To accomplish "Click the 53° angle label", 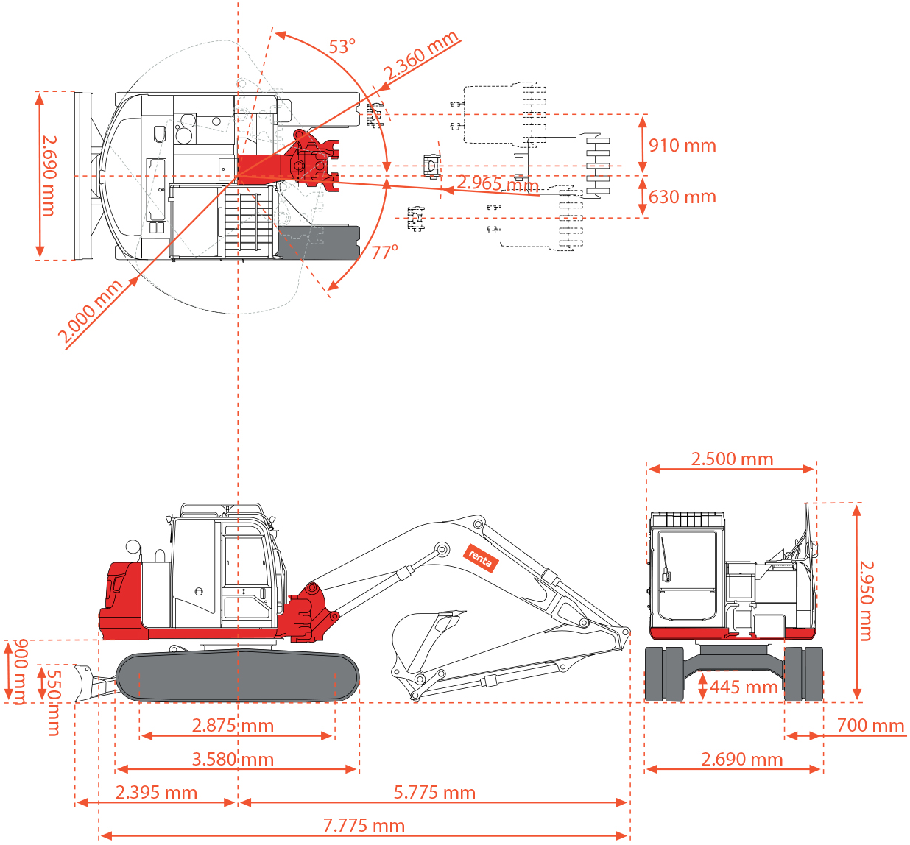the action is tap(342, 47).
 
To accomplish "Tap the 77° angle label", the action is tap(384, 252).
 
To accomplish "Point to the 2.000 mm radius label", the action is tap(91, 311).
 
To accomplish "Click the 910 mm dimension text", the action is tap(682, 146).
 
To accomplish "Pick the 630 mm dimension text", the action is tap(682, 197).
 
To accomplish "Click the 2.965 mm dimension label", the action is tap(498, 184).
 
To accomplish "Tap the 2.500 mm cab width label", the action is tap(732, 459).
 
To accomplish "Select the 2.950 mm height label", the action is tap(866, 601).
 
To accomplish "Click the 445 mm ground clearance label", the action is tap(744, 687).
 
